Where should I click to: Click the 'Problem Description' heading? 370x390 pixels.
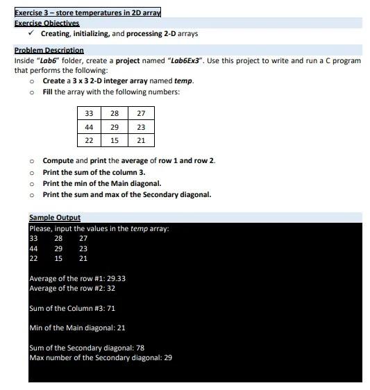[x=49, y=51]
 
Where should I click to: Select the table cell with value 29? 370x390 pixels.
[x=115, y=127]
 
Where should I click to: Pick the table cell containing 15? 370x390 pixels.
[x=115, y=140]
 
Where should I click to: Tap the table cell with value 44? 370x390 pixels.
[x=89, y=127]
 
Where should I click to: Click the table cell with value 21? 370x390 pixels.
[x=141, y=140]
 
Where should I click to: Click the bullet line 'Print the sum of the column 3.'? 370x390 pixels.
[x=94, y=172]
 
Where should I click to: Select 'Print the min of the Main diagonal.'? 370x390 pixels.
[x=101, y=183]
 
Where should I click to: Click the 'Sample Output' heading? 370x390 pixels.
[x=55, y=218]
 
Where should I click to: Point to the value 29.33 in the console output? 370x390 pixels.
[x=116, y=279]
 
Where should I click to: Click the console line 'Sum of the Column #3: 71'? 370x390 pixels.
[x=72, y=308]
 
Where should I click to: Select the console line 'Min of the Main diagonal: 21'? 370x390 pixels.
[x=77, y=328]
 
